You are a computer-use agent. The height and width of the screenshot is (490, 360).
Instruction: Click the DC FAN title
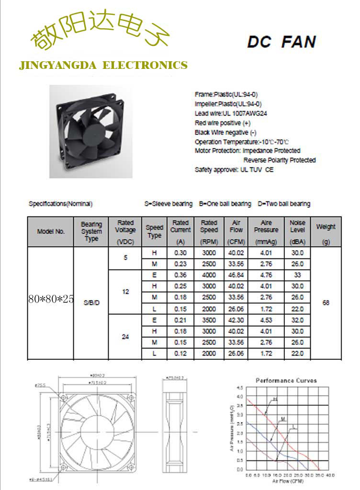tap(281, 42)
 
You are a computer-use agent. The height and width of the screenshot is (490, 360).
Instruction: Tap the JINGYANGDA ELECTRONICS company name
tap(103, 65)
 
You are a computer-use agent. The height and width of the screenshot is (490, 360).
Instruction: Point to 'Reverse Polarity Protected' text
tap(280, 160)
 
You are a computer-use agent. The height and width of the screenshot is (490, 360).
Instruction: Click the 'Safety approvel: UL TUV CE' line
tap(234, 170)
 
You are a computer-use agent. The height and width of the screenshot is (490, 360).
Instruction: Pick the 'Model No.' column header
tap(51, 232)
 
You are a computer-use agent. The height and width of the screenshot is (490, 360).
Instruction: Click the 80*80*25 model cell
tap(51, 300)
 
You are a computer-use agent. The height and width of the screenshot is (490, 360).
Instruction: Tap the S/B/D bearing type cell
tap(91, 303)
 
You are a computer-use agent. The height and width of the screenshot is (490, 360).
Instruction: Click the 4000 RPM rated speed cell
tap(209, 275)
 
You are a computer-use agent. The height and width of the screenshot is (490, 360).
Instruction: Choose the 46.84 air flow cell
tap(236, 275)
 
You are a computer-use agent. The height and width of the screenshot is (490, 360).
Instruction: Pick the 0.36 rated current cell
tap(180, 275)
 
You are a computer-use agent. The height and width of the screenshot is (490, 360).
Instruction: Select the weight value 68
tap(326, 303)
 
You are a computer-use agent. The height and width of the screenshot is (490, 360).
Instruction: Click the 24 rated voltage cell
tap(125, 337)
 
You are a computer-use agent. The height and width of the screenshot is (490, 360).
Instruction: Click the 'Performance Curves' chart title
tap(286, 380)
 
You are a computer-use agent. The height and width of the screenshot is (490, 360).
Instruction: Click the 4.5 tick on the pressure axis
tap(240, 388)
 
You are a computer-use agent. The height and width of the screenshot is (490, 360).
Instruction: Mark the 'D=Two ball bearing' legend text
tap(284, 204)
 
